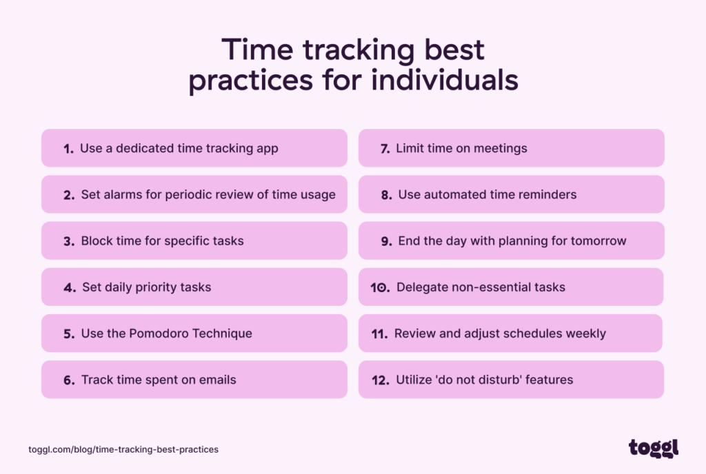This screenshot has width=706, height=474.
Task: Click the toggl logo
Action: click(653, 448)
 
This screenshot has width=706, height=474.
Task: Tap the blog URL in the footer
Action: click(123, 449)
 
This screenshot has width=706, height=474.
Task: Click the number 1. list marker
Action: click(68, 149)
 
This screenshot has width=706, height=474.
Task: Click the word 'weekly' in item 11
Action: click(585, 333)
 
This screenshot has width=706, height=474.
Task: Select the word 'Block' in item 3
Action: click(97, 241)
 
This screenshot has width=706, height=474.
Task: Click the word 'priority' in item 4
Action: click(157, 287)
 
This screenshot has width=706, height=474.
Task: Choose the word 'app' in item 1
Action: click(266, 149)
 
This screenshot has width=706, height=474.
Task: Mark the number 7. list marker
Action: click(385, 149)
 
